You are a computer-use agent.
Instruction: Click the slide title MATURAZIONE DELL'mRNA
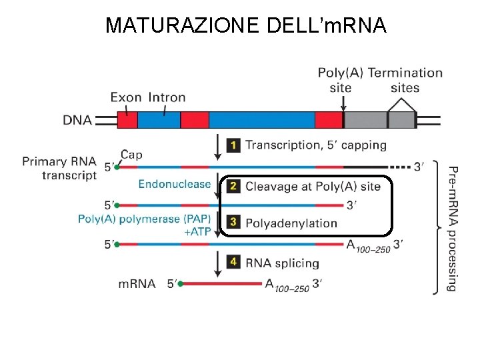pyautogui.click(x=246, y=25)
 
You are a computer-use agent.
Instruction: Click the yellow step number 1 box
pyautogui.click(x=233, y=145)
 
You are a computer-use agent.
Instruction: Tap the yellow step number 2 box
pyautogui.click(x=233, y=186)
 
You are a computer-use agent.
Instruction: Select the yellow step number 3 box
pyautogui.click(x=233, y=222)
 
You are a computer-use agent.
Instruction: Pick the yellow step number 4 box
pyautogui.click(x=233, y=262)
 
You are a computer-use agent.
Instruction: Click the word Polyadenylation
pyautogui.click(x=291, y=223)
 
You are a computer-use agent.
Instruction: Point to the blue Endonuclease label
pyautogui.click(x=175, y=184)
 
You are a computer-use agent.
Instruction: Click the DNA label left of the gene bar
pyautogui.click(x=78, y=120)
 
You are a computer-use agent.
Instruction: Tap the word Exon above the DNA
pyautogui.click(x=126, y=97)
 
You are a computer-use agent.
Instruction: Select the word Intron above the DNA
pyautogui.click(x=167, y=97)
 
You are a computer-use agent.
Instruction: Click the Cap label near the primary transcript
pyautogui.click(x=132, y=155)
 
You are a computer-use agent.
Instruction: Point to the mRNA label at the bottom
pyautogui.click(x=137, y=284)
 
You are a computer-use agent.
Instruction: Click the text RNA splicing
pyautogui.click(x=282, y=263)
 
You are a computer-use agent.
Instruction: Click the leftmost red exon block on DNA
pyautogui.click(x=127, y=120)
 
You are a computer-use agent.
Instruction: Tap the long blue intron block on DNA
pyautogui.click(x=261, y=120)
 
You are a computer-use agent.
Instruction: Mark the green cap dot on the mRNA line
pyautogui.click(x=180, y=284)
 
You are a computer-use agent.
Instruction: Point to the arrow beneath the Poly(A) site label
pyautogui.click(x=343, y=103)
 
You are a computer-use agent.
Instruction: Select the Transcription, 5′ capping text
pyautogui.click(x=315, y=145)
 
